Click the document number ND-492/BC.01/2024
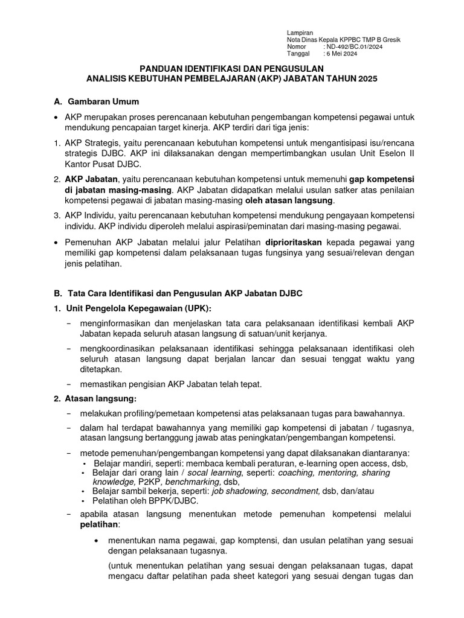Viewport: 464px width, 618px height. pos(353,46)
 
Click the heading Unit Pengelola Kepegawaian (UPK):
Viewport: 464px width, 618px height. pos(134,308)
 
